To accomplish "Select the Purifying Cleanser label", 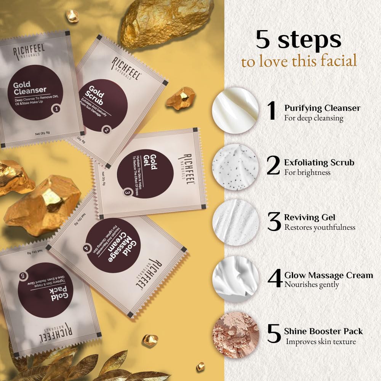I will pyautogui.click(x=322, y=108).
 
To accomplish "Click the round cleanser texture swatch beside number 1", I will pyautogui.click(x=235, y=110).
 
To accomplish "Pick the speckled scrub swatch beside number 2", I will pyautogui.click(x=235, y=167).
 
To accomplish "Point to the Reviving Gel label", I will pyautogui.click(x=310, y=218).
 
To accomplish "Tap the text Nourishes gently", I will pyautogui.click(x=312, y=285).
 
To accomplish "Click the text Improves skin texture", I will pyautogui.click(x=321, y=341).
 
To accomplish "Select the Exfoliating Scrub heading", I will pyautogui.click(x=319, y=163).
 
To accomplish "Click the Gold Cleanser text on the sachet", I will pyautogui.click(x=30, y=88).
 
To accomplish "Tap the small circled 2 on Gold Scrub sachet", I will pyautogui.click(x=107, y=130).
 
